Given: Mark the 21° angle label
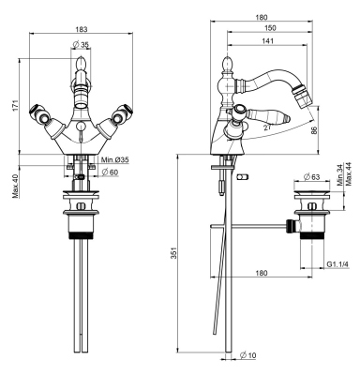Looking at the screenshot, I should coord(268,127).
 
